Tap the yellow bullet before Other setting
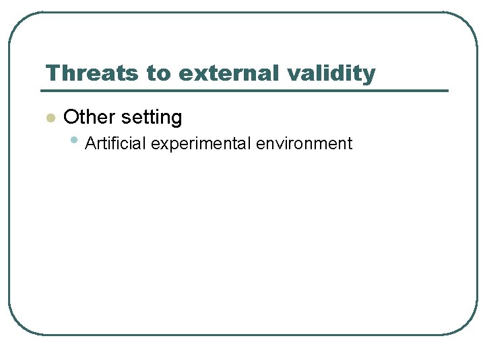pos(49,118)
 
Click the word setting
pos(152,118)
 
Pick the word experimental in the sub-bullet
pos(199,144)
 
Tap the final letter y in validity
pos(369,75)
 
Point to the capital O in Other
pos(70,118)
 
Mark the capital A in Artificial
pos(90,143)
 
